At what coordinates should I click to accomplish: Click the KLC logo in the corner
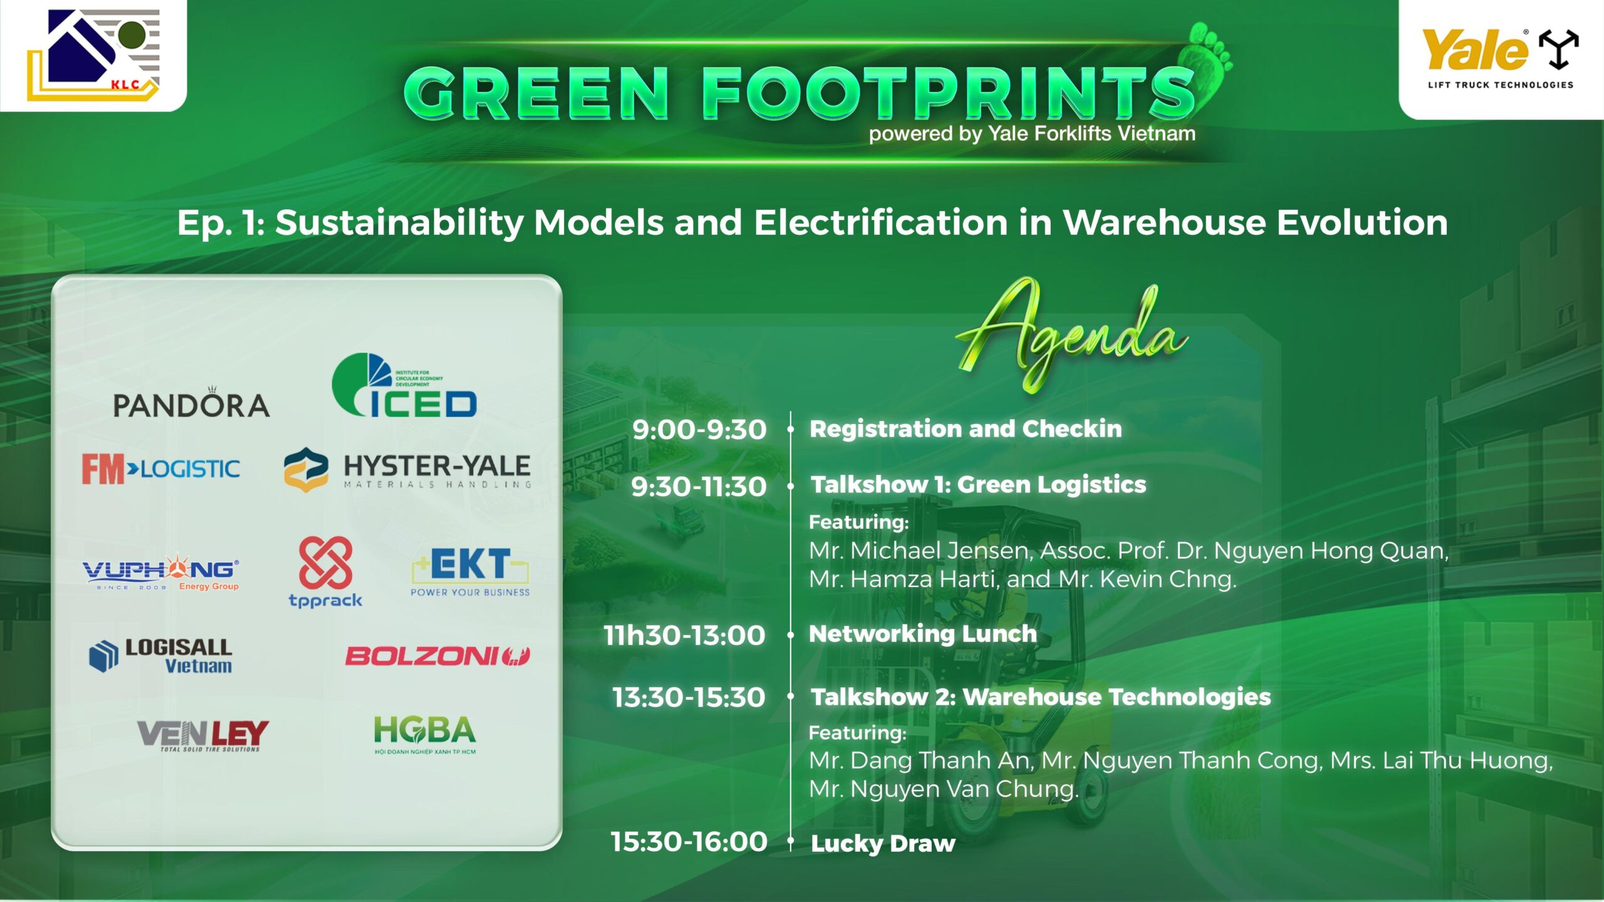[x=93, y=54]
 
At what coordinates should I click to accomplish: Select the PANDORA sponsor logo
[x=191, y=403]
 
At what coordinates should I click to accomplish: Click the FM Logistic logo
[x=161, y=469]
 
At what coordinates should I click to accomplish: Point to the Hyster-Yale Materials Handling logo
[x=407, y=469]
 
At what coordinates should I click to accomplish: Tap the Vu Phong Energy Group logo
[x=161, y=571]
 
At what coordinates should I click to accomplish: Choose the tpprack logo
[x=325, y=572]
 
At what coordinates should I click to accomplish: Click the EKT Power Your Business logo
[x=470, y=572]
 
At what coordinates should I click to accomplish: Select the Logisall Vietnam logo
[x=161, y=655]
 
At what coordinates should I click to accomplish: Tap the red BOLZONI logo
[x=438, y=656]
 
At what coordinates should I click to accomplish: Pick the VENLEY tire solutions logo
[x=203, y=735]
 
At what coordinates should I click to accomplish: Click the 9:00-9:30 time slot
[x=699, y=430]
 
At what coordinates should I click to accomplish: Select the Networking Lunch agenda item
[x=923, y=634]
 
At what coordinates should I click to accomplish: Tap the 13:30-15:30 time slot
[x=689, y=697]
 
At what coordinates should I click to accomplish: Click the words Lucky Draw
[x=883, y=844]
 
